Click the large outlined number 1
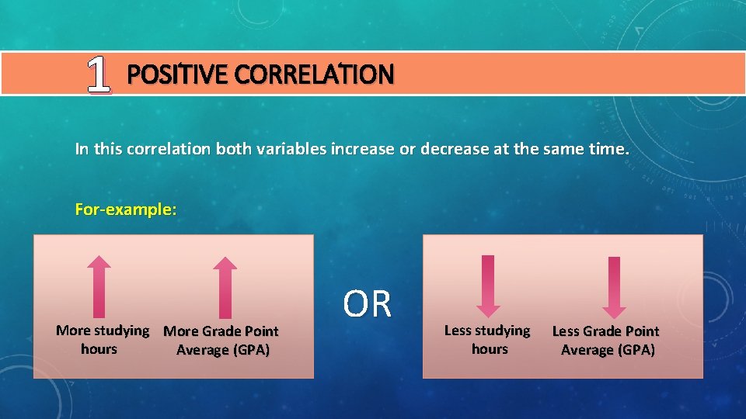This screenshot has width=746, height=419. coord(98,75)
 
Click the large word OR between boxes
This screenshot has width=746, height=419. coord(368,304)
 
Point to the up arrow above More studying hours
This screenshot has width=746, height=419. coord(99,286)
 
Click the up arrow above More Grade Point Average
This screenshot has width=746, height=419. coord(225,287)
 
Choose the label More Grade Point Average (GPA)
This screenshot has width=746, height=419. coord(221,341)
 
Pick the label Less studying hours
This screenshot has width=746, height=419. coord(487,340)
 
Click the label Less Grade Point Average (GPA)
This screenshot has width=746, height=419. coord(606,341)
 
